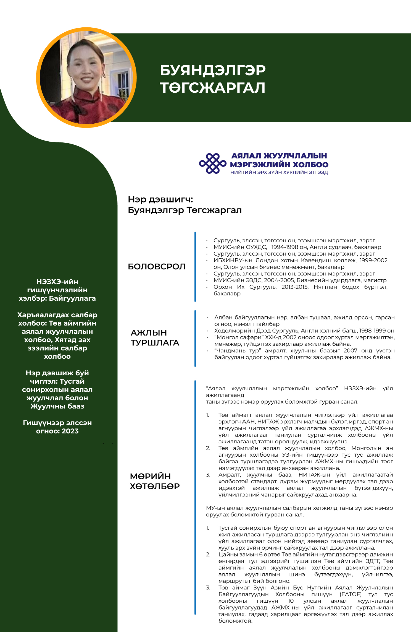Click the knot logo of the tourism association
coord(212,163)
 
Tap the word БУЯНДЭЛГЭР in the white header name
coord(212,70)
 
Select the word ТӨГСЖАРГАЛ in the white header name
coord(212,88)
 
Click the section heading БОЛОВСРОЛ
coord(157,267)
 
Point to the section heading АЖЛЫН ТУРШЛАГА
coord(155,337)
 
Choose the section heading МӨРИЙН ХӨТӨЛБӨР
coord(155,481)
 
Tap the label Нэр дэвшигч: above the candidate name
coord(160,199)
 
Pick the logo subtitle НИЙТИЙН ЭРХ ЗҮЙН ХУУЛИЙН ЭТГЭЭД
coord(279,172)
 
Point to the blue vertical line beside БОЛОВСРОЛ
coord(195,267)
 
